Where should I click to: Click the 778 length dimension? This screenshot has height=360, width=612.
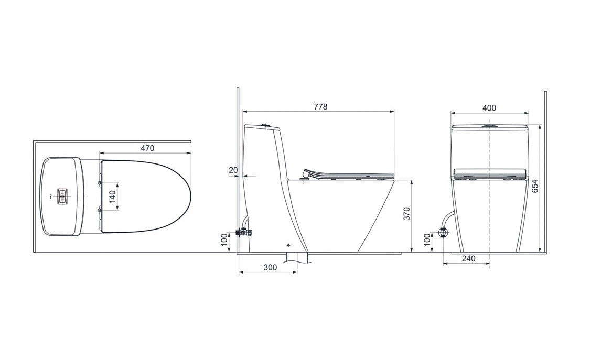pos(320,106)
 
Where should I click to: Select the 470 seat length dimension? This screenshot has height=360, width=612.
pos(147,148)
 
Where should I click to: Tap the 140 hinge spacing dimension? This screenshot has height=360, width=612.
pos(112,197)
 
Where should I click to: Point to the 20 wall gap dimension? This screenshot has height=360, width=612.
pos(233,170)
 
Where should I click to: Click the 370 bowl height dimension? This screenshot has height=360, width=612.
pos(407,214)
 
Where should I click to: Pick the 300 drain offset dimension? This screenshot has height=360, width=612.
pos(270,267)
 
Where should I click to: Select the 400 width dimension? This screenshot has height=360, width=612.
pos(489,107)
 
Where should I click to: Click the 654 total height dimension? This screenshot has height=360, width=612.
pos(535,187)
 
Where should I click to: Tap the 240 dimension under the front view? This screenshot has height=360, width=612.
pos(469,258)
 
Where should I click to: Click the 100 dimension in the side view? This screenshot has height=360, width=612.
pos(223,240)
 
